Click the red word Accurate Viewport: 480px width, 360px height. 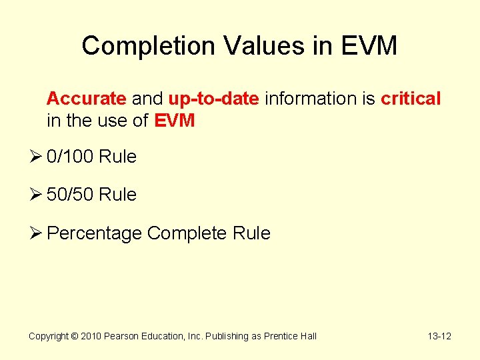coord(86,99)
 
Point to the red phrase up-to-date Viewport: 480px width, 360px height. coord(213,99)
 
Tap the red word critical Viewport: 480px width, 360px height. coord(411,99)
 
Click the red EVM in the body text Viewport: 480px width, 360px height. coord(175,121)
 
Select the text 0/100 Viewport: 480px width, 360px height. coord(71,157)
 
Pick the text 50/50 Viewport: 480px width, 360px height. coord(71,195)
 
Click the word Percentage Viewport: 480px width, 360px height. coord(95,233)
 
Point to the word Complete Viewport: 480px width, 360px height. coord(187,233)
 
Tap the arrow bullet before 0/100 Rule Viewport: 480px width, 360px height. coord(36,157)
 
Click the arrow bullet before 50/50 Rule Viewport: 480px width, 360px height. coord(36,195)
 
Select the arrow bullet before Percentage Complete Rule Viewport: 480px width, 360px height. coord(36,233)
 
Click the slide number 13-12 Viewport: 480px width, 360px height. coord(439,336)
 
